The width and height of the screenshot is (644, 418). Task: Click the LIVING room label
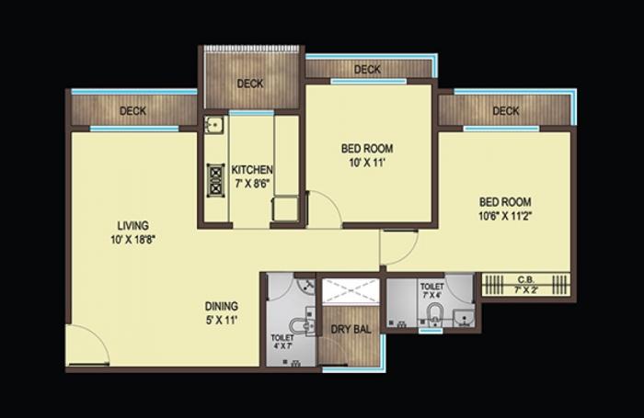click(x=132, y=225)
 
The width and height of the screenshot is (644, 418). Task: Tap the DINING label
click(x=222, y=306)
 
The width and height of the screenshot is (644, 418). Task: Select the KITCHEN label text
click(x=251, y=169)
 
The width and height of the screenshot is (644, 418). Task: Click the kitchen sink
click(x=213, y=126)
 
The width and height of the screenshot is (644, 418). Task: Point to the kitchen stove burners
click(x=216, y=178)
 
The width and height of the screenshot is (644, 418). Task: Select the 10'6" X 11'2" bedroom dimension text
click(x=504, y=217)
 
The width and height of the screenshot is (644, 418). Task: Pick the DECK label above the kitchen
click(x=250, y=84)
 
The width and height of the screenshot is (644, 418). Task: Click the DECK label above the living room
click(x=132, y=112)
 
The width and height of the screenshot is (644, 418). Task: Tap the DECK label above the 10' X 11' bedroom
click(x=367, y=70)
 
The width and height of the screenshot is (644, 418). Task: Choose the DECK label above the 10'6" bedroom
click(x=505, y=111)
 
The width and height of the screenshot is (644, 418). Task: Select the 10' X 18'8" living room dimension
click(x=132, y=241)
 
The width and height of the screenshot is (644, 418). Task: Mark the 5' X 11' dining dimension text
click(x=222, y=322)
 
